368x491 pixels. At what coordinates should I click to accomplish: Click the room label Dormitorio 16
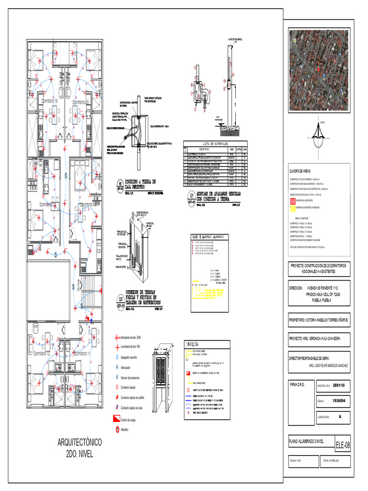coord(49,102)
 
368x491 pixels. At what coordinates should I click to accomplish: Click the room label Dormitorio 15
coord(81,103)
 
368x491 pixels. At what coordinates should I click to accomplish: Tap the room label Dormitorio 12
coord(42,353)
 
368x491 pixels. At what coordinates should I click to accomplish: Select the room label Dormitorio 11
coord(82,353)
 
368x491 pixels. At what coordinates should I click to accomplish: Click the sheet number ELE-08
coord(343,445)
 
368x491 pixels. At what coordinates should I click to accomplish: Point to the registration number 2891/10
coord(339,385)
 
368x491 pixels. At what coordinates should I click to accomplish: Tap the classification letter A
coord(340,417)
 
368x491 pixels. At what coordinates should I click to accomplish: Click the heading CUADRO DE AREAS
coord(301,171)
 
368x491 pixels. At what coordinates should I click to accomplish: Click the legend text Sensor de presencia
coord(134,378)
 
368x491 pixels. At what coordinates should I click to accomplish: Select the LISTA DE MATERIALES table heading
coord(215,144)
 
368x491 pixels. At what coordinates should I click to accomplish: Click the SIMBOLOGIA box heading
coord(193,342)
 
